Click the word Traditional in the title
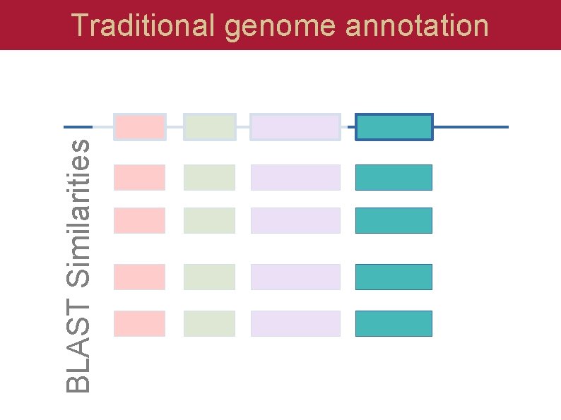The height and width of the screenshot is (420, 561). pyautogui.click(x=143, y=25)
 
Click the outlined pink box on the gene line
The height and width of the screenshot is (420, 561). pyautogui.click(x=140, y=127)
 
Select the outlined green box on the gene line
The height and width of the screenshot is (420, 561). pyautogui.click(x=209, y=127)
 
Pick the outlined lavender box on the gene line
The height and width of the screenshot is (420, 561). pyautogui.click(x=295, y=127)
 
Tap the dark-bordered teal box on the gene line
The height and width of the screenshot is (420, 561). pyautogui.click(x=394, y=127)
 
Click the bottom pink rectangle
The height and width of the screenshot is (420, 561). pyautogui.click(x=140, y=323)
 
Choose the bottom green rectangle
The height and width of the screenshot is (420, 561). pyautogui.click(x=209, y=323)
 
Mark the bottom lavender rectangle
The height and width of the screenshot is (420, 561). pyautogui.click(x=295, y=323)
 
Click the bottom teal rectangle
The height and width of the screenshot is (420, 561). pyautogui.click(x=394, y=323)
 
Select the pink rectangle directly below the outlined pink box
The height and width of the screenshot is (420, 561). pyautogui.click(x=140, y=177)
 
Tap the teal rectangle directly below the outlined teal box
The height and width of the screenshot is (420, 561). pyautogui.click(x=394, y=177)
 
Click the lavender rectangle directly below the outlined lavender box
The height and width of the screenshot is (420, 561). pyautogui.click(x=295, y=177)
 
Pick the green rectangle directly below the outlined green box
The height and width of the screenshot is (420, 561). pyautogui.click(x=209, y=177)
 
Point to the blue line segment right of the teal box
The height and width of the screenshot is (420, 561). pyautogui.click(x=471, y=127)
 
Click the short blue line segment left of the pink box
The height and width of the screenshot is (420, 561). pyautogui.click(x=73, y=127)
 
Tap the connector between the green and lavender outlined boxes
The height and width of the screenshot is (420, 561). pyautogui.click(x=243, y=127)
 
